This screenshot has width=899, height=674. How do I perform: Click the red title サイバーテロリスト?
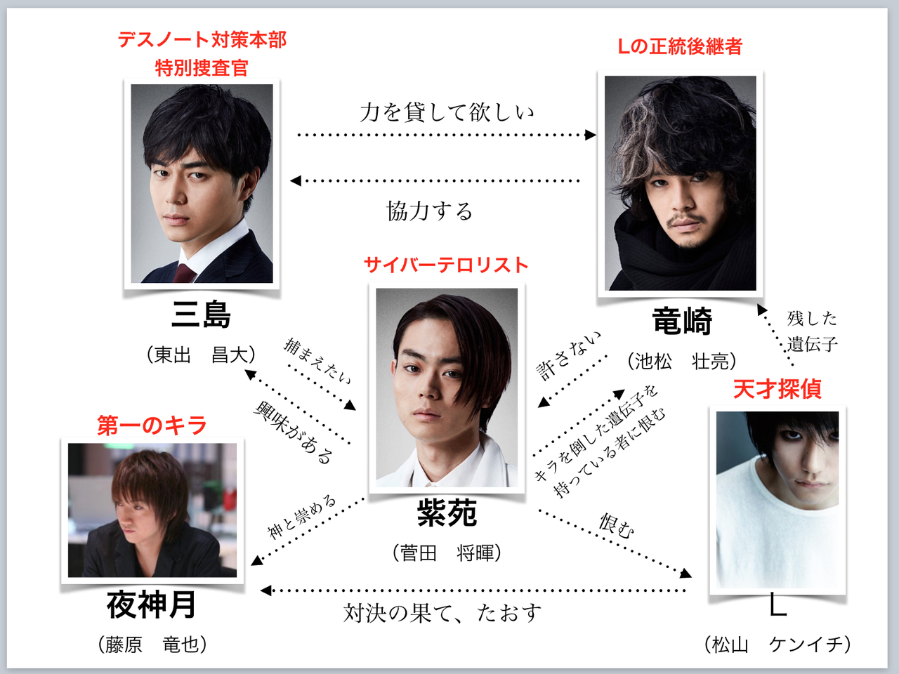click(x=446, y=265)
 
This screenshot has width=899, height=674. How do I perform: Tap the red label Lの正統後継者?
click(x=680, y=46)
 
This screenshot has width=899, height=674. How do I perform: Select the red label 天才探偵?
click(x=777, y=388)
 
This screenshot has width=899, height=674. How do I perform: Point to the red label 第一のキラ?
click(x=152, y=425)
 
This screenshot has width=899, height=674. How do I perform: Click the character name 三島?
click(x=202, y=314)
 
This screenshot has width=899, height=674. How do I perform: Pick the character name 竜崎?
click(x=682, y=322)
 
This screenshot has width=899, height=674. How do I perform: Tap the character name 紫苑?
click(x=447, y=513)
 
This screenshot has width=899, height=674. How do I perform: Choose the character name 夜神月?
click(x=152, y=604)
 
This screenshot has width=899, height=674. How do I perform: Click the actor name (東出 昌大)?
click(x=202, y=355)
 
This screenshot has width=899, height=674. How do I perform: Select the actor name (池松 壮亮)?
click(x=682, y=361)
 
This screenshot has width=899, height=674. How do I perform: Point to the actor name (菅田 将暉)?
click(x=447, y=553)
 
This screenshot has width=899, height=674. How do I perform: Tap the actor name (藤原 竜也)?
click(x=152, y=645)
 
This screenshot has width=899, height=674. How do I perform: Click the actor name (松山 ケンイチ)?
click(x=777, y=645)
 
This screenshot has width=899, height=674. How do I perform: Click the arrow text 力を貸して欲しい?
click(x=447, y=112)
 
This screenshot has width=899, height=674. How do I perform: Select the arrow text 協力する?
click(x=430, y=211)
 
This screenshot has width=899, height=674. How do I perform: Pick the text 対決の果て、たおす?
click(x=442, y=613)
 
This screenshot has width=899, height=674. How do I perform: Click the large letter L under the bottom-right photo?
click(x=777, y=604)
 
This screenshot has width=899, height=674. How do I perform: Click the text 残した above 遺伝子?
click(x=812, y=318)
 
